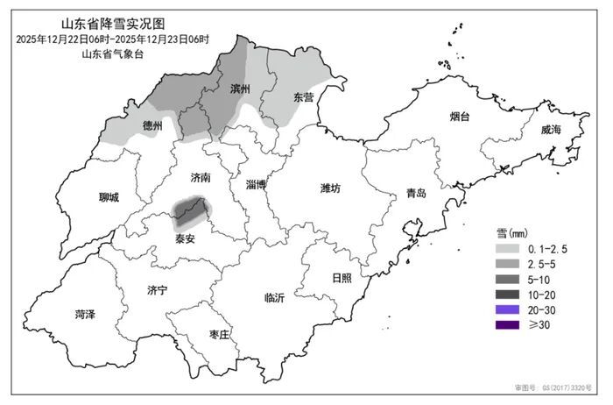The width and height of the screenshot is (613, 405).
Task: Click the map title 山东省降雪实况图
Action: pos(111,24)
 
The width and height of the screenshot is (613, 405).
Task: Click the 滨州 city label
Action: pos(240,89)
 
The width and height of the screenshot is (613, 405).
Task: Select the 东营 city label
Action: pos(303,97)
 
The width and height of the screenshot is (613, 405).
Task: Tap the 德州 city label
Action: pos(152,126)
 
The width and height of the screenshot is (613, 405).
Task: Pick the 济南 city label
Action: pos(200,177)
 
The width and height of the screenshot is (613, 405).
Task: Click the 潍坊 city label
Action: pos(331,188)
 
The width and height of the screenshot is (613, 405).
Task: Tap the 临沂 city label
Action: pos(274,298)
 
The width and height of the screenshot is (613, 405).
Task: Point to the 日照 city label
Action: pos(342,278)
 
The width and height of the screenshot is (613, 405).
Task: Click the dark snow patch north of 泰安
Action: pos(192,210)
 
